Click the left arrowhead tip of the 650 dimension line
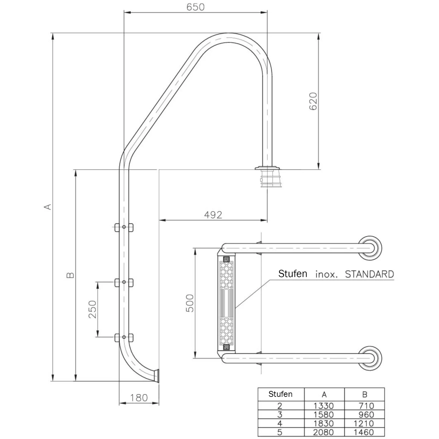coord(124,13)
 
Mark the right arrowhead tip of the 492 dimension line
coord(267,220)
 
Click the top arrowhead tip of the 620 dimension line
coord(318,33)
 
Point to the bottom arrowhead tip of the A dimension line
coord(53,381)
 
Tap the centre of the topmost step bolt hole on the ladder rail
coord(124,227)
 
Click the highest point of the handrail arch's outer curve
coord(230,33)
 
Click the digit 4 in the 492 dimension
coord(207,215)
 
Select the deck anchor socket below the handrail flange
coord(267,179)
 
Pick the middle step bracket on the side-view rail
coord(124,282)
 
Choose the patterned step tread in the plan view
coord(226,303)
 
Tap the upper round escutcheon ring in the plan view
coord(370,248)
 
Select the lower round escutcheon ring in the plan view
coord(370,358)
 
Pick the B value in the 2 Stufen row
coord(366,406)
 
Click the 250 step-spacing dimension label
coord(92,310)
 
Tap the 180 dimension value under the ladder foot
coord(139,398)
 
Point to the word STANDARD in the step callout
coord(369,274)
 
